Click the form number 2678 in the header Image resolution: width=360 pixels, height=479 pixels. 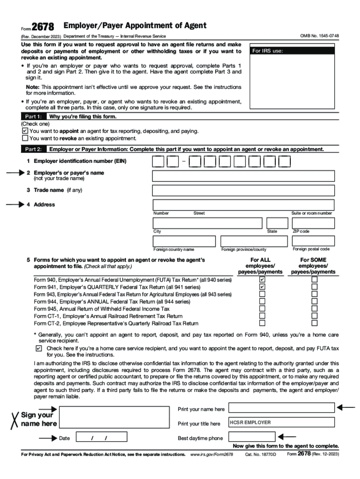pyautogui.click(x=43, y=28)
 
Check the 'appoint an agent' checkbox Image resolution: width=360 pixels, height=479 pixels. pyautogui.click(x=25, y=131)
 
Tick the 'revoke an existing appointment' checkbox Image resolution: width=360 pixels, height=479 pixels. pyautogui.click(x=25, y=138)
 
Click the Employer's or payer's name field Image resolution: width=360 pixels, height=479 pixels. pyautogui.click(x=243, y=176)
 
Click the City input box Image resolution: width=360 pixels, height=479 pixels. pyautogui.click(x=208, y=223)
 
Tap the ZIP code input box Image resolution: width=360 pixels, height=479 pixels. pyautogui.click(x=313, y=223)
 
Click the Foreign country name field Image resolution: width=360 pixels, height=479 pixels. pyautogui.click(x=184, y=241)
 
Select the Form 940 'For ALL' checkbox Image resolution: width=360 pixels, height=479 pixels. pyautogui.click(x=262, y=280)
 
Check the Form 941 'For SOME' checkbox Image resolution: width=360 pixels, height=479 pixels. pyautogui.click(x=315, y=287)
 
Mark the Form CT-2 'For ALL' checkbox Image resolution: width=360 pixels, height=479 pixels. pyautogui.click(x=262, y=323)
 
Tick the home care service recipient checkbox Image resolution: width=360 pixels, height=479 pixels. pyautogui.click(x=38, y=348)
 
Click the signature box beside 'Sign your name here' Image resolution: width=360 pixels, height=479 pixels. pyautogui.click(x=115, y=417)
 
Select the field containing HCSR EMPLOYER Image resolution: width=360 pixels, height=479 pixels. pyautogui.click(x=281, y=422)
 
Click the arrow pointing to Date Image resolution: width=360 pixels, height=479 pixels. pyautogui.click(x=48, y=438)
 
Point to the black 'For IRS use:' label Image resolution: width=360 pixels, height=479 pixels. pyautogui.click(x=292, y=51)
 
